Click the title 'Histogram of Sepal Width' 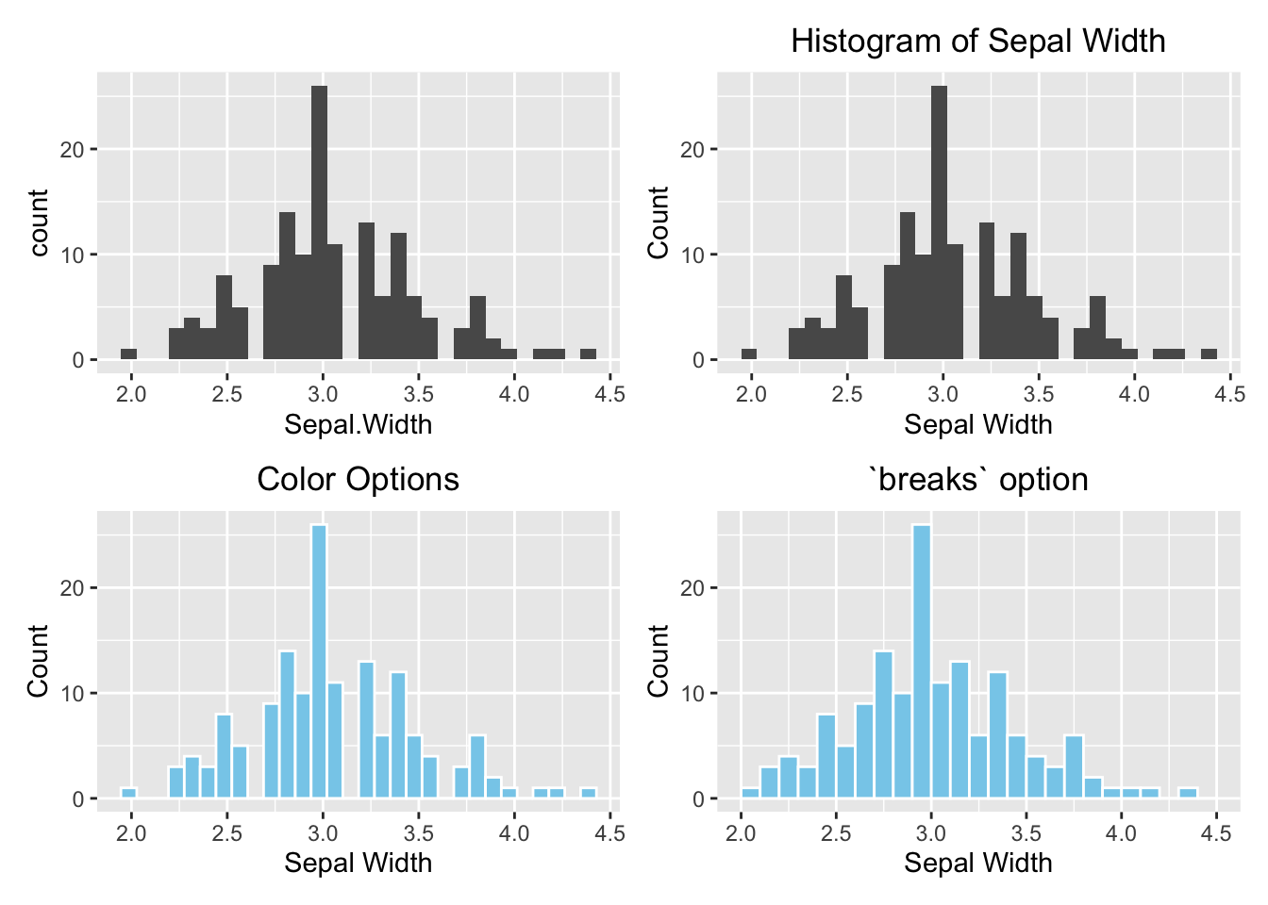[x=977, y=41]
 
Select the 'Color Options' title [x=358, y=479]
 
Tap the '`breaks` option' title [x=977, y=479]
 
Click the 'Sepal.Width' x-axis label [x=358, y=424]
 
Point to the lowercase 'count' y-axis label [x=39, y=222]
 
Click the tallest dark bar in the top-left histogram [x=319, y=222]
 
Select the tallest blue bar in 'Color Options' [x=319, y=661]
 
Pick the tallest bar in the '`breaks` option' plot [x=921, y=661]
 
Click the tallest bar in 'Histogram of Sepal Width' [x=939, y=222]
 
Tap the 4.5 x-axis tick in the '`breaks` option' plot [x=1216, y=833]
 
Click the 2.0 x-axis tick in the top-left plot [x=131, y=394]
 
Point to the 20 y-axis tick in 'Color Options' [x=73, y=588]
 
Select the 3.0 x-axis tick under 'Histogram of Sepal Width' [x=943, y=394]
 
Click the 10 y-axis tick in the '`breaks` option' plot [x=692, y=694]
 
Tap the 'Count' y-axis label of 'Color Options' [x=39, y=660]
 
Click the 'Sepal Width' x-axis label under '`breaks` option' [x=977, y=863]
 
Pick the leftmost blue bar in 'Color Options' [x=129, y=794]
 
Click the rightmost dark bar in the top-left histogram [x=588, y=354]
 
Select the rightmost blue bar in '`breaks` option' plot [x=1188, y=794]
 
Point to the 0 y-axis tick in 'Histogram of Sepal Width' [x=698, y=360]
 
